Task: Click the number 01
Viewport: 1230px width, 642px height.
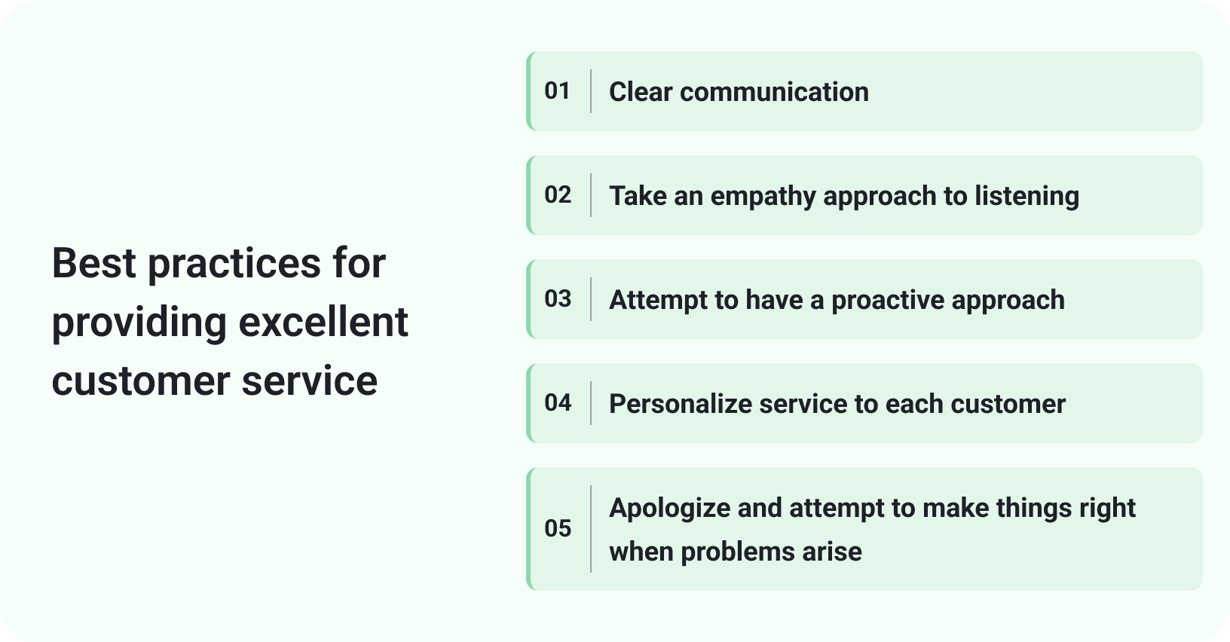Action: [558, 91]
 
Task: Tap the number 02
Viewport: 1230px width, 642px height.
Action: [558, 195]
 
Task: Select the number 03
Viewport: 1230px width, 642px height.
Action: [558, 298]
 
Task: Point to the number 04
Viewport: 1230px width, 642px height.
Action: [558, 402]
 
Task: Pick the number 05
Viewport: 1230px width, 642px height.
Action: [558, 528]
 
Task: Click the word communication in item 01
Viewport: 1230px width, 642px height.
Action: [774, 92]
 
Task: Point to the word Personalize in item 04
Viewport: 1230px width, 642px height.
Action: [681, 404]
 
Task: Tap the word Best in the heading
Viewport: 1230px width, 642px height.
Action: [93, 264]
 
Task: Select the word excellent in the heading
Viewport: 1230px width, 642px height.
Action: [323, 323]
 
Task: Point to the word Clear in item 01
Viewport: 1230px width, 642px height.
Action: [641, 92]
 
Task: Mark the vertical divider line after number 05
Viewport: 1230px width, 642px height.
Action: [591, 529]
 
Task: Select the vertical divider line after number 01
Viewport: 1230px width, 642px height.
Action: [591, 91]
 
